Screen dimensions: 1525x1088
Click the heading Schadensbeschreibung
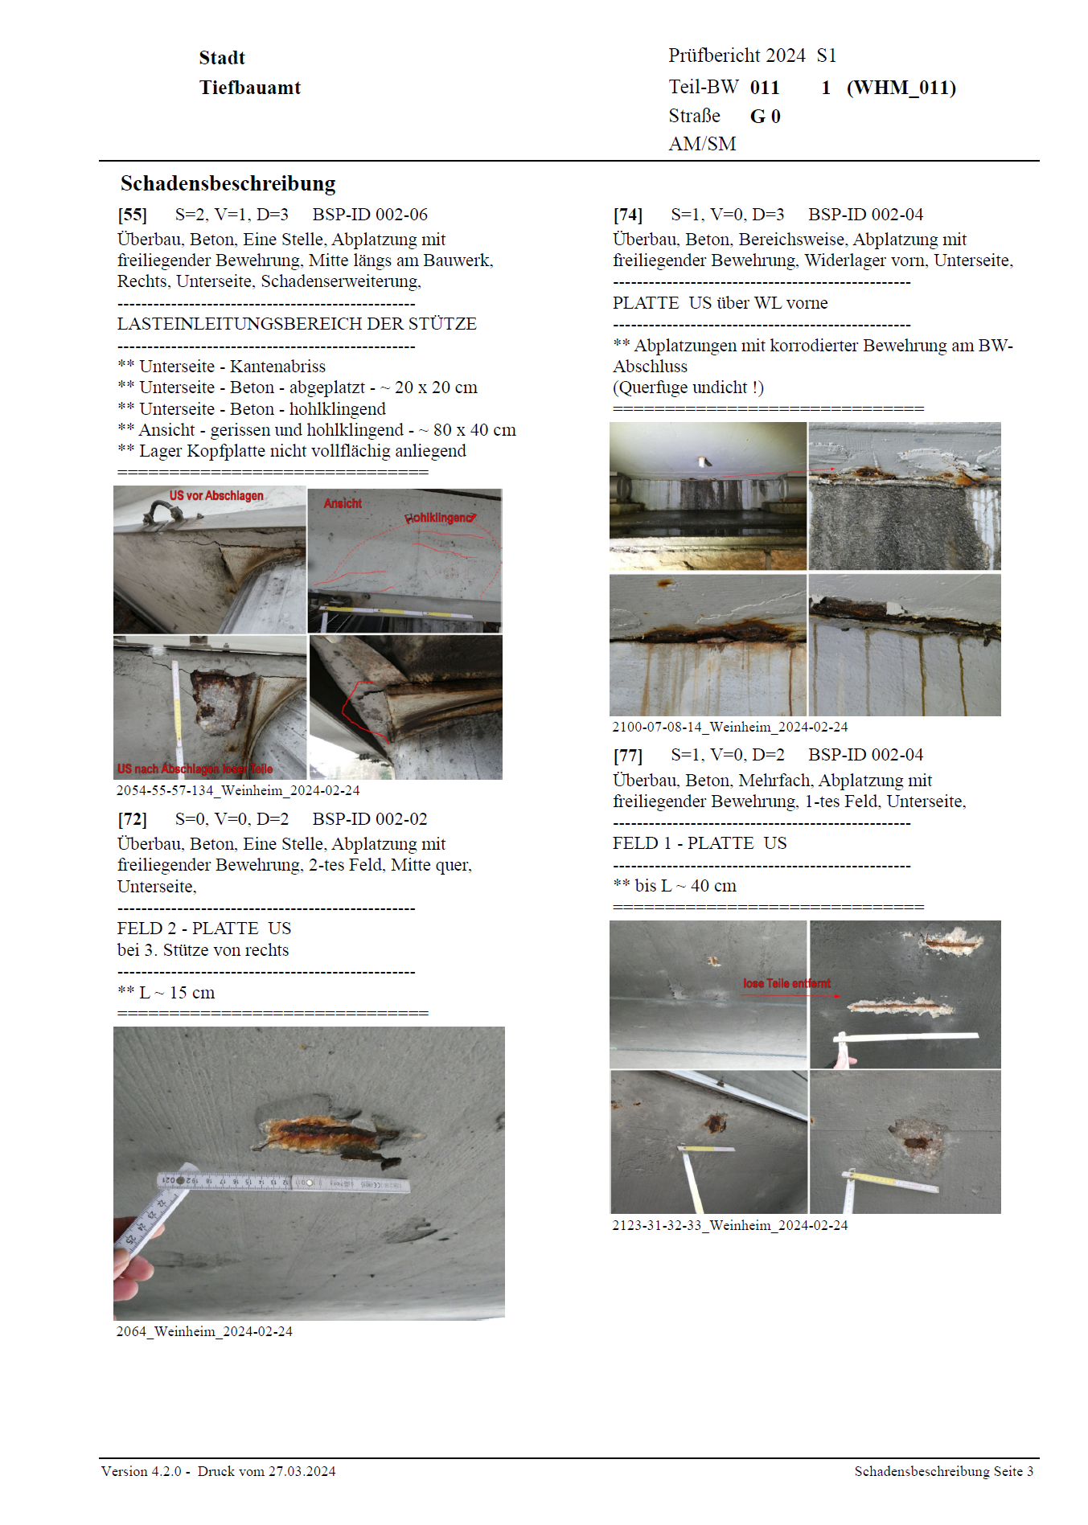point(228,183)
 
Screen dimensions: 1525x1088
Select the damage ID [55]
point(132,215)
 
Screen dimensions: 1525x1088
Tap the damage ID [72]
point(132,819)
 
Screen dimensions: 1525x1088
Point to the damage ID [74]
point(627,215)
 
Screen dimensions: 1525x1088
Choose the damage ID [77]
point(627,756)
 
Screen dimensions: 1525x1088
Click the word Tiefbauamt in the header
point(249,88)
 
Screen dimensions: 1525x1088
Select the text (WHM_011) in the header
point(901,88)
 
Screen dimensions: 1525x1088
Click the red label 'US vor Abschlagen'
point(216,496)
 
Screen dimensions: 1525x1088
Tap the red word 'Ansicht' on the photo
point(343,503)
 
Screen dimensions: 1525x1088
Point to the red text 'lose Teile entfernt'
point(786,983)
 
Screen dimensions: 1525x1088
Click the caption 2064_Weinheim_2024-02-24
point(204,1331)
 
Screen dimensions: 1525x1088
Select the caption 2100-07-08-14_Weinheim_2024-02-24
point(729,727)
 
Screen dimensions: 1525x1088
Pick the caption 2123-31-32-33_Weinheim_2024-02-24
point(729,1225)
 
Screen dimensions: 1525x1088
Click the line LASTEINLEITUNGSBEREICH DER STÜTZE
point(297,324)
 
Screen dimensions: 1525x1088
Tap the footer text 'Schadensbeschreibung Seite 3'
point(943,1471)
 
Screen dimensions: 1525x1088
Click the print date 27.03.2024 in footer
point(302,1471)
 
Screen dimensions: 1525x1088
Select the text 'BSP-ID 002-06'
point(370,215)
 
